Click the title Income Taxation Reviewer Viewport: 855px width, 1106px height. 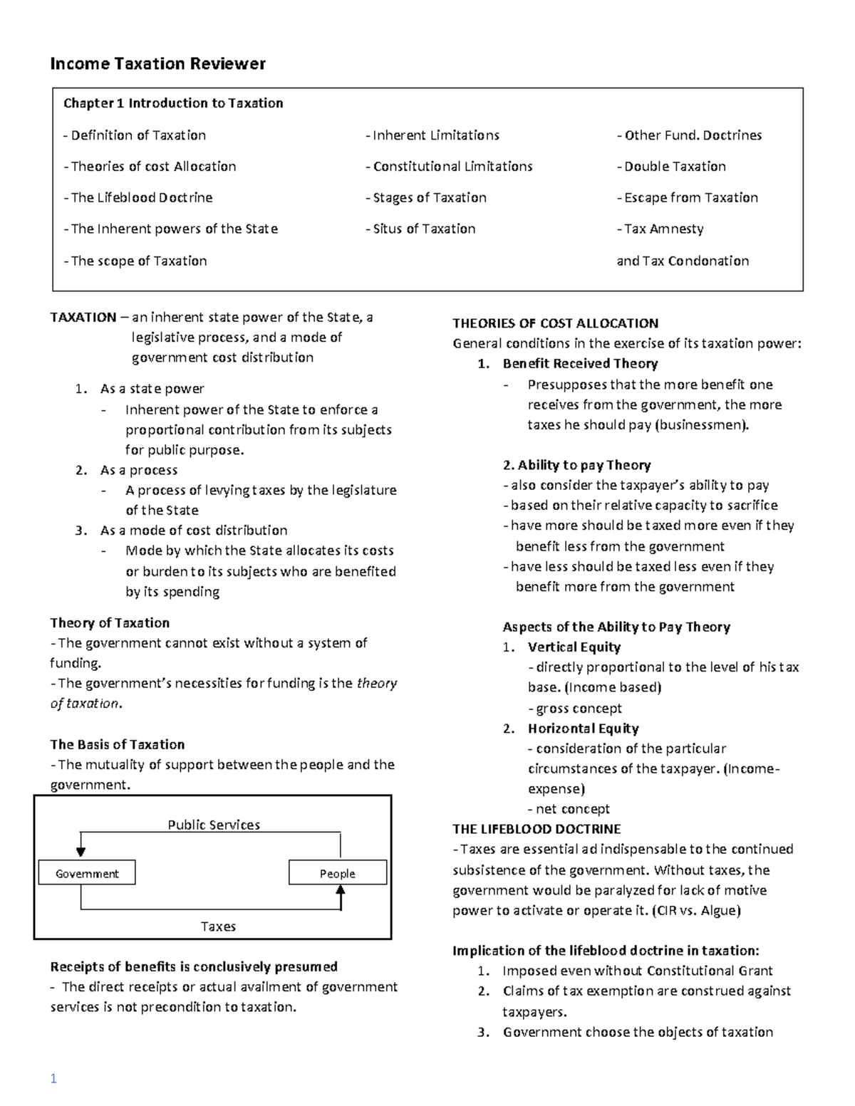(157, 64)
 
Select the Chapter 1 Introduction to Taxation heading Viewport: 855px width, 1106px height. (173, 103)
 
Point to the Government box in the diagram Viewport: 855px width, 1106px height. (87, 873)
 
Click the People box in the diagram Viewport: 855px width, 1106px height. (338, 873)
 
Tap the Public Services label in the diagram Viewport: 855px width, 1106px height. (214, 825)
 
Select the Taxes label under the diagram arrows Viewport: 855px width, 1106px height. (218, 927)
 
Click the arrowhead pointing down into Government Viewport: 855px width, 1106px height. (81, 851)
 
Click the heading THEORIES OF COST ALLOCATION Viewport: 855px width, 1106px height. (556, 323)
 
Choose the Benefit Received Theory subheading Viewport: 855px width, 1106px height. (580, 364)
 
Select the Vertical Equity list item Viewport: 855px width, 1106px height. (574, 647)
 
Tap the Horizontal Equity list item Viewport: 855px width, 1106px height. (583, 729)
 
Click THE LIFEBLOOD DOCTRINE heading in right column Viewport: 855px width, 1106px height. (537, 829)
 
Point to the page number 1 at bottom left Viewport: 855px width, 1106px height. (53, 1079)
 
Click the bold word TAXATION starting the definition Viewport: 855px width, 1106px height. (83, 318)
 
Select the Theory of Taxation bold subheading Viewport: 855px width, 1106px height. (110, 623)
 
